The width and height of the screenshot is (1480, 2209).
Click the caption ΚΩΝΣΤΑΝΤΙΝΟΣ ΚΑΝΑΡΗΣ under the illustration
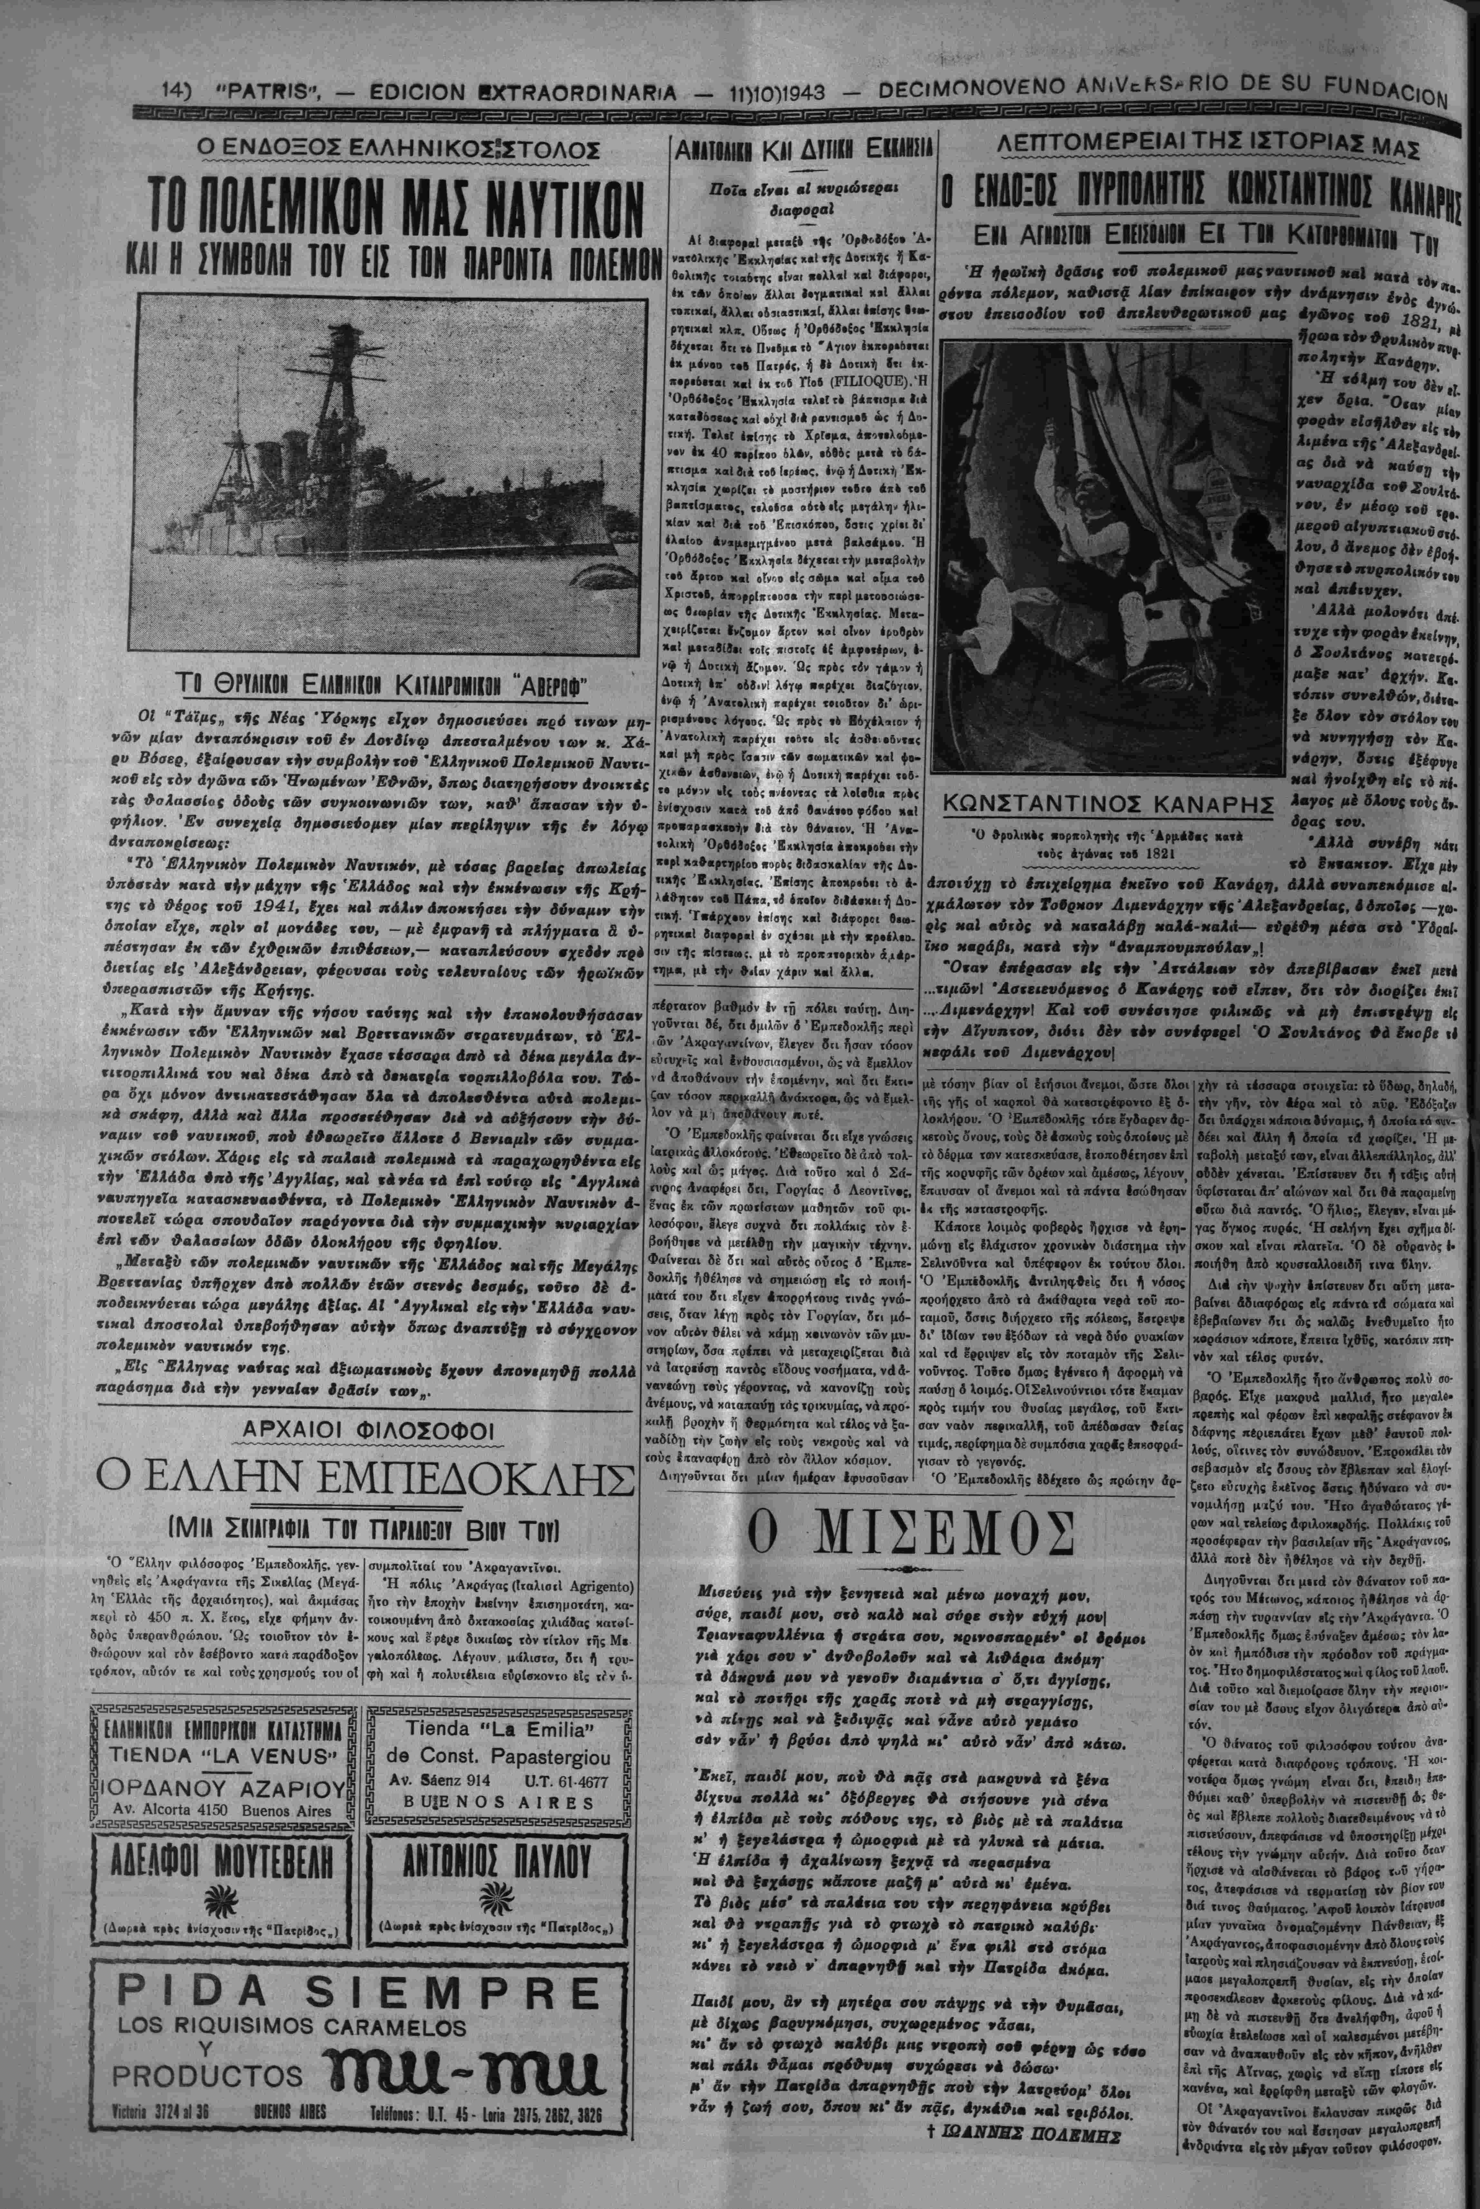pos(1102,804)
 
